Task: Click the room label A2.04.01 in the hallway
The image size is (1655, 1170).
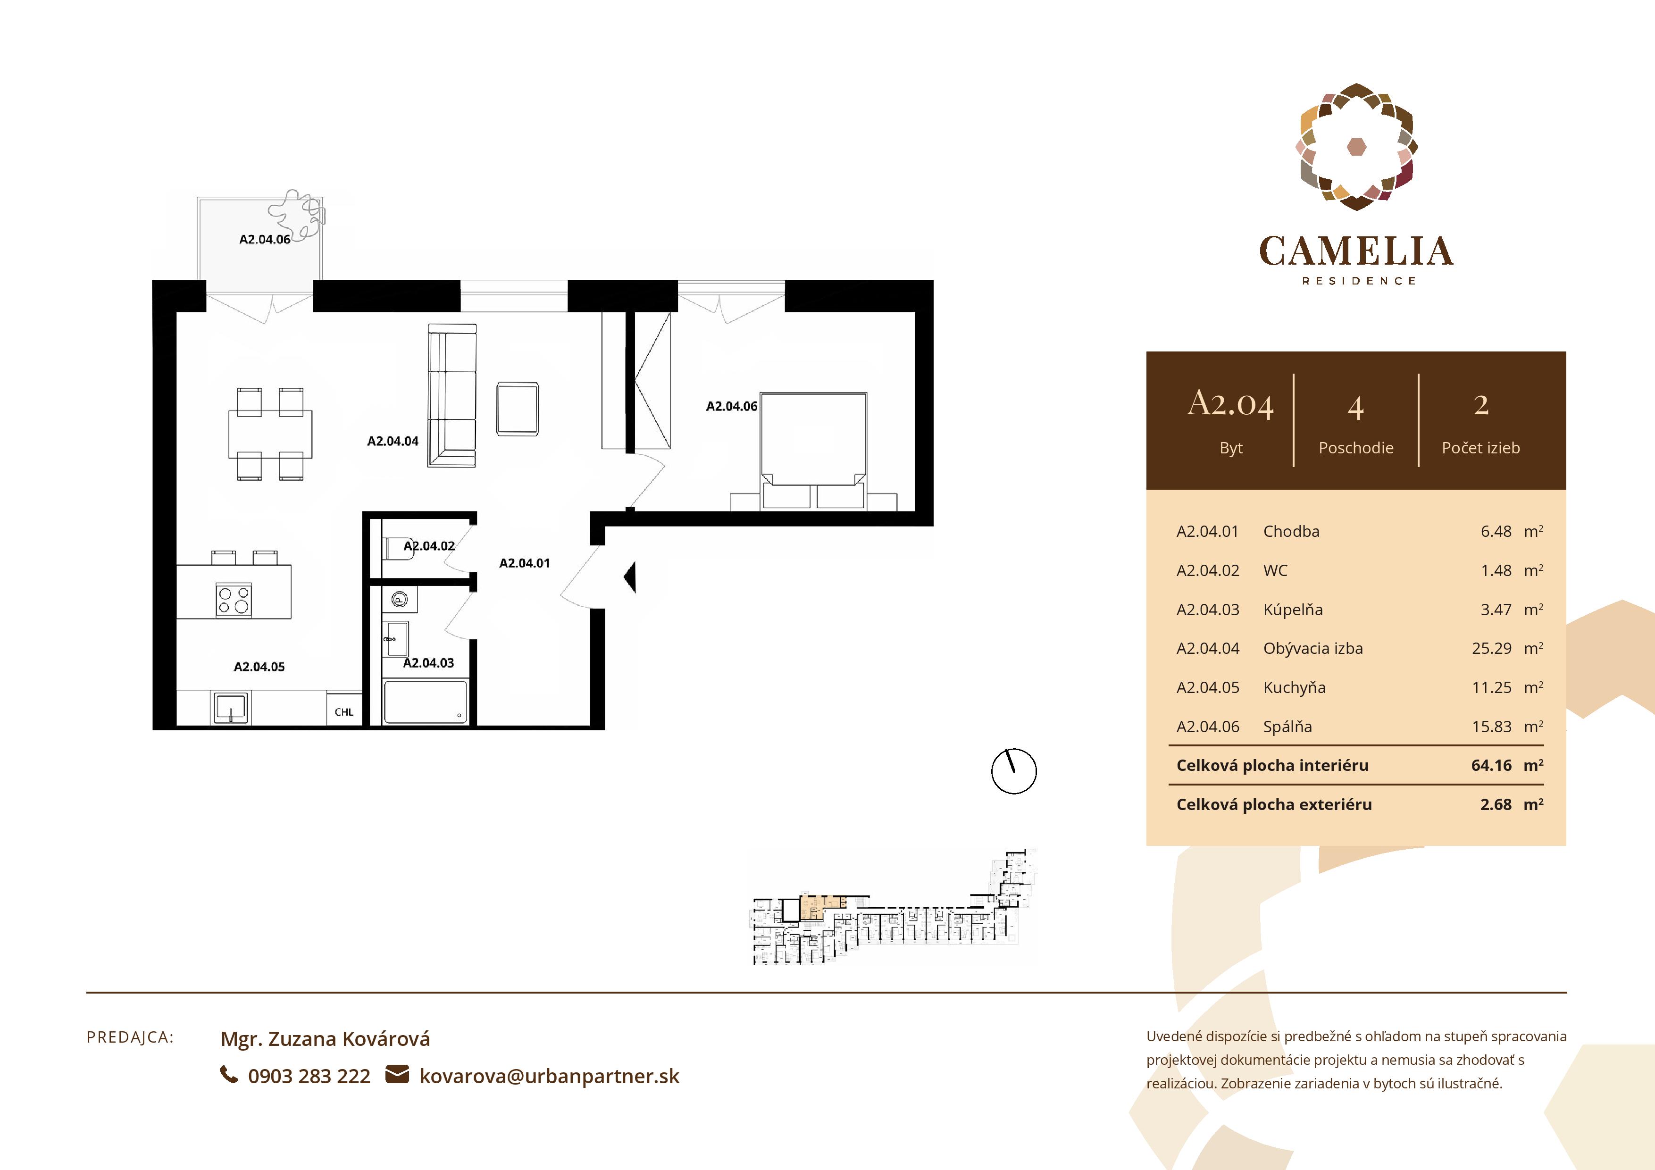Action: (x=524, y=563)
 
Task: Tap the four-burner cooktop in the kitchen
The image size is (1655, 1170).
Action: (x=234, y=600)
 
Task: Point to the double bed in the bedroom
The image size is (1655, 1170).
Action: (x=813, y=451)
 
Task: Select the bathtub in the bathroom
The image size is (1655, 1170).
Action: (x=425, y=702)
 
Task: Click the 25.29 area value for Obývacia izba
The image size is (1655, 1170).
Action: (x=1491, y=648)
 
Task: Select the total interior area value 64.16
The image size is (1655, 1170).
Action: (x=1491, y=766)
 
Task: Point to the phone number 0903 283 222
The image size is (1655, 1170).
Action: (x=309, y=1076)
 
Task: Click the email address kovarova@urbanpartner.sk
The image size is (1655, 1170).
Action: (x=549, y=1076)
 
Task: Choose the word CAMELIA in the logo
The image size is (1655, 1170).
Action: (x=1356, y=251)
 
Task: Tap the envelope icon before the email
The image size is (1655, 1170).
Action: (x=397, y=1074)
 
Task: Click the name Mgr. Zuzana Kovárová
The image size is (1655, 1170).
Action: (x=325, y=1039)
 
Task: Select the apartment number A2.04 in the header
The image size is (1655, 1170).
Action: (x=1230, y=404)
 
